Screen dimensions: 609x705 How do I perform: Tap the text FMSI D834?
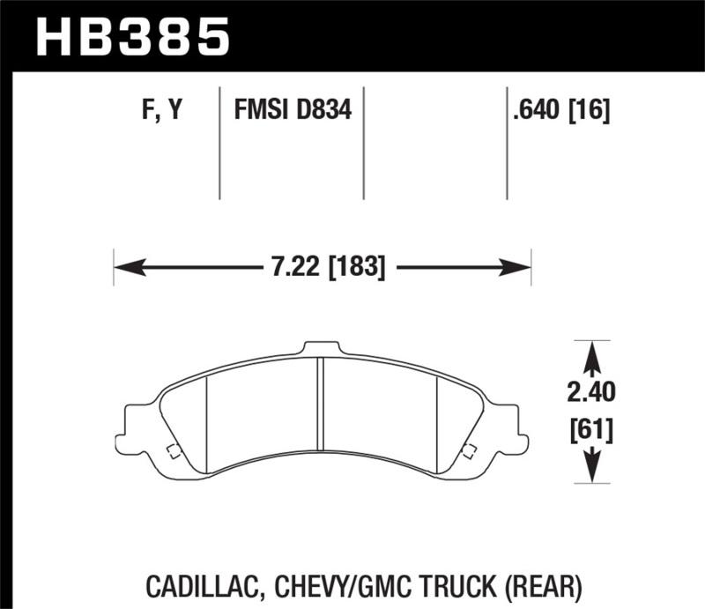pos(292,112)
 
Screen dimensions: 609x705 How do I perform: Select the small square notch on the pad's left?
pos(174,452)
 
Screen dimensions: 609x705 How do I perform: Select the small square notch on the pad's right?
pos(470,452)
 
